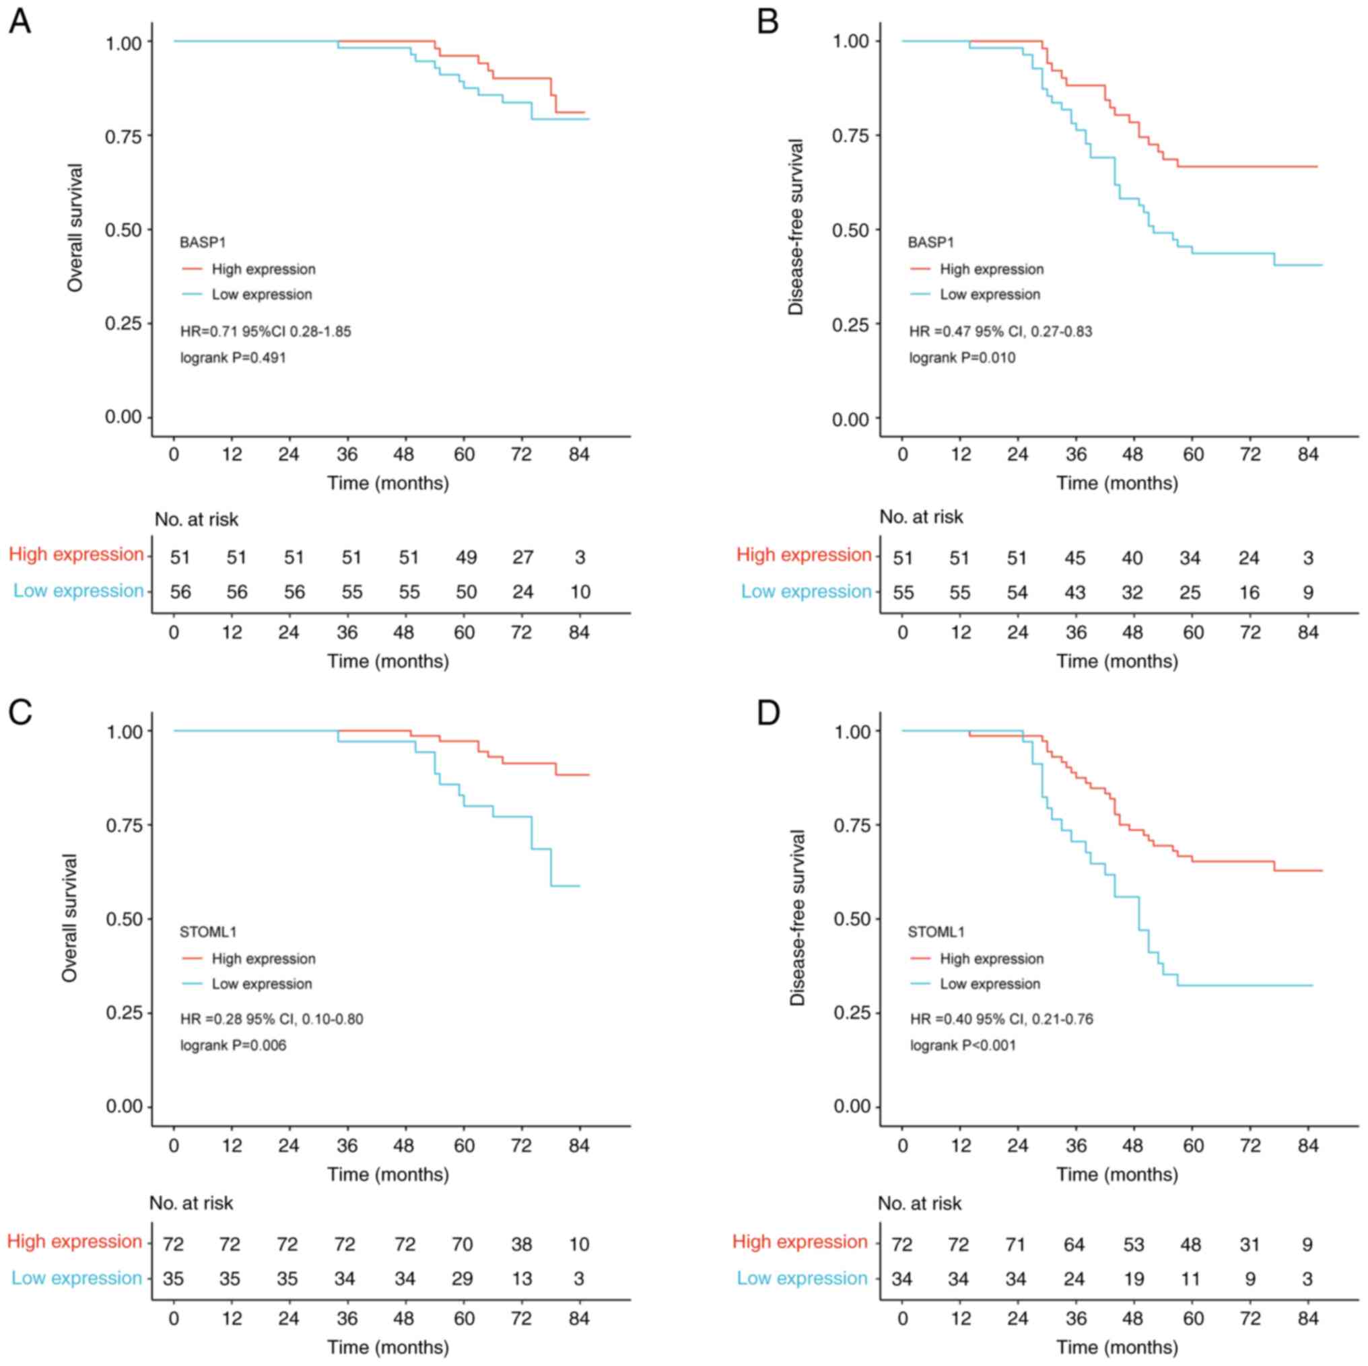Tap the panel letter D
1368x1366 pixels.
[768, 712]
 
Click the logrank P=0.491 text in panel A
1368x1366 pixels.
[233, 357]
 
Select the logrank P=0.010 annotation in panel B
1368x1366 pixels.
[961, 357]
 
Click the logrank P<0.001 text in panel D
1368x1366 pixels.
[962, 1046]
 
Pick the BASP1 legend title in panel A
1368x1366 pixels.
[203, 242]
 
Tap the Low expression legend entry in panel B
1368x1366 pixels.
[990, 295]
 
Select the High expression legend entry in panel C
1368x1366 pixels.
[263, 959]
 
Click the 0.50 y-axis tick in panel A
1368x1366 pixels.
[124, 229]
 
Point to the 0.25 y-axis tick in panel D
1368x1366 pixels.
[852, 1013]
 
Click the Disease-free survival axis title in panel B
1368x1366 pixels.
[796, 227]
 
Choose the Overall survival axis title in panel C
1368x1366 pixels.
[69, 917]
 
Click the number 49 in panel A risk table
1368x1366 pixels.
[466, 558]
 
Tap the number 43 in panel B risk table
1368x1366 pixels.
[1075, 592]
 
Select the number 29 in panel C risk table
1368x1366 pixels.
[463, 1279]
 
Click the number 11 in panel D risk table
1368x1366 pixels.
[1191, 1279]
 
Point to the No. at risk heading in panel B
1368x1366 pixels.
[921, 517]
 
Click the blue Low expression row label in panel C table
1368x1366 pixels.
[77, 1279]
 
